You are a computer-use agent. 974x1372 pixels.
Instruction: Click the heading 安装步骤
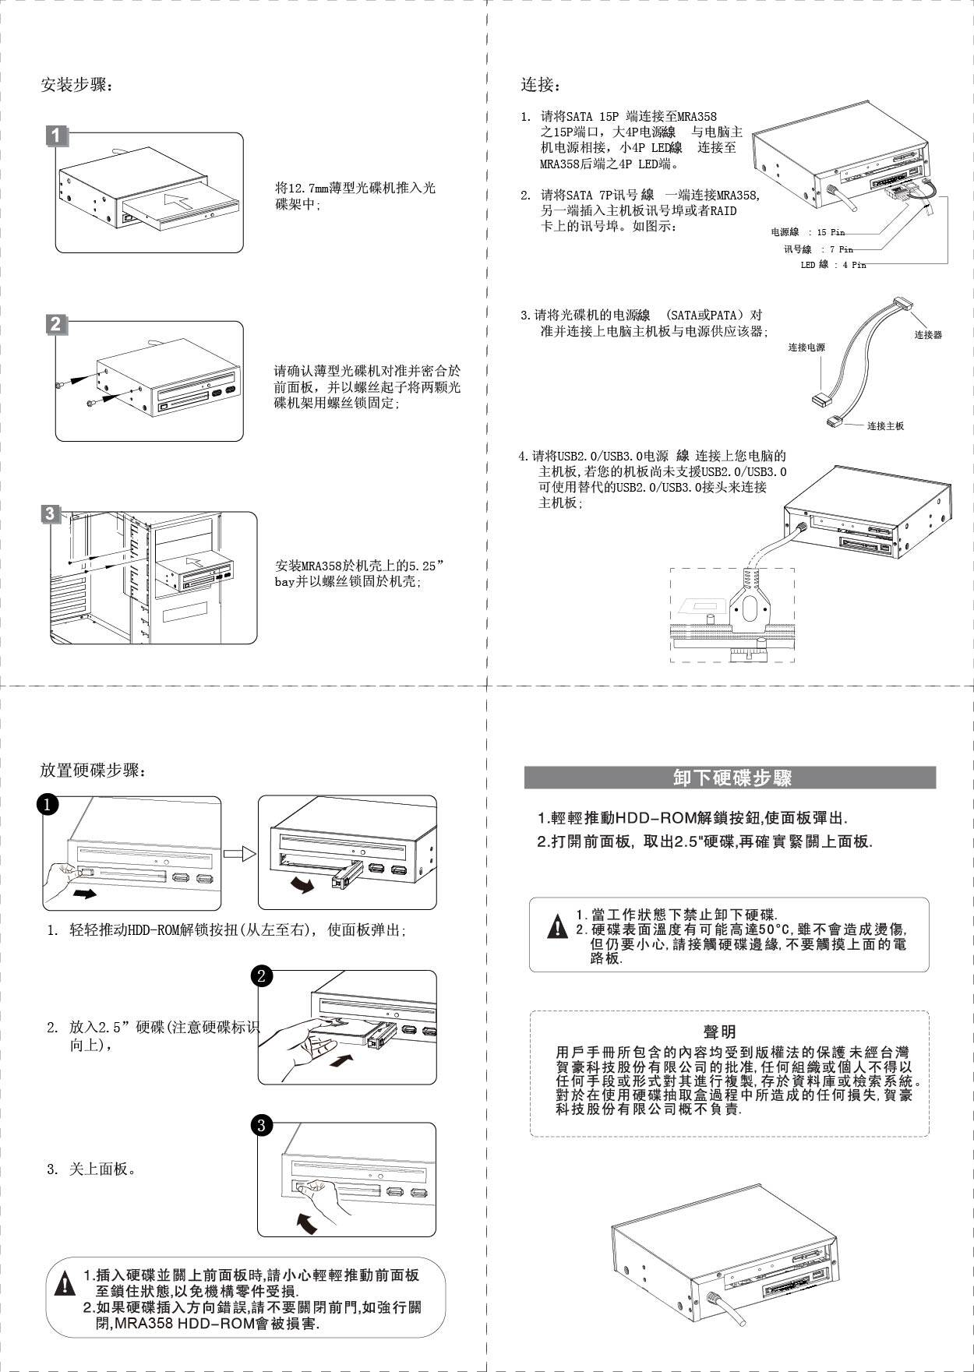tap(76, 85)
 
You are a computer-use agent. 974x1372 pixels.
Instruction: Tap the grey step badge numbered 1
tap(55, 136)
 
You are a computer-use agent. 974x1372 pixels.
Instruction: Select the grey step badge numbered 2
tap(55, 324)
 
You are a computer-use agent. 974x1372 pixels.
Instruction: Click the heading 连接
tap(539, 85)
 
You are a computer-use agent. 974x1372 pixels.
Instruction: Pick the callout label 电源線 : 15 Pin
tap(807, 232)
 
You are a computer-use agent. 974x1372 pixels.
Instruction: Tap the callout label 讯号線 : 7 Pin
tap(818, 249)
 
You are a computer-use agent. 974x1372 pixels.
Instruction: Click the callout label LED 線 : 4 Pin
tap(833, 265)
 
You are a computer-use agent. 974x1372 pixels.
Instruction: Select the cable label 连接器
tap(928, 335)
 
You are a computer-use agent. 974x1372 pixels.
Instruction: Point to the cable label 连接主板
tap(885, 426)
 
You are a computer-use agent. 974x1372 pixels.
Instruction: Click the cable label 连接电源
tap(806, 347)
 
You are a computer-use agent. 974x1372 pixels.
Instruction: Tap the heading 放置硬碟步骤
tap(92, 771)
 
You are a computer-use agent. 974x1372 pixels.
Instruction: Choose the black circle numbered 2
tap(262, 976)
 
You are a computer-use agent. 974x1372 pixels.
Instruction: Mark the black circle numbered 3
tap(262, 1125)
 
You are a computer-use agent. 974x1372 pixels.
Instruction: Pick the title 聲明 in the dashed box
tap(719, 1032)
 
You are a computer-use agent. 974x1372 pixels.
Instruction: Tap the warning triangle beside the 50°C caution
tap(558, 928)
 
